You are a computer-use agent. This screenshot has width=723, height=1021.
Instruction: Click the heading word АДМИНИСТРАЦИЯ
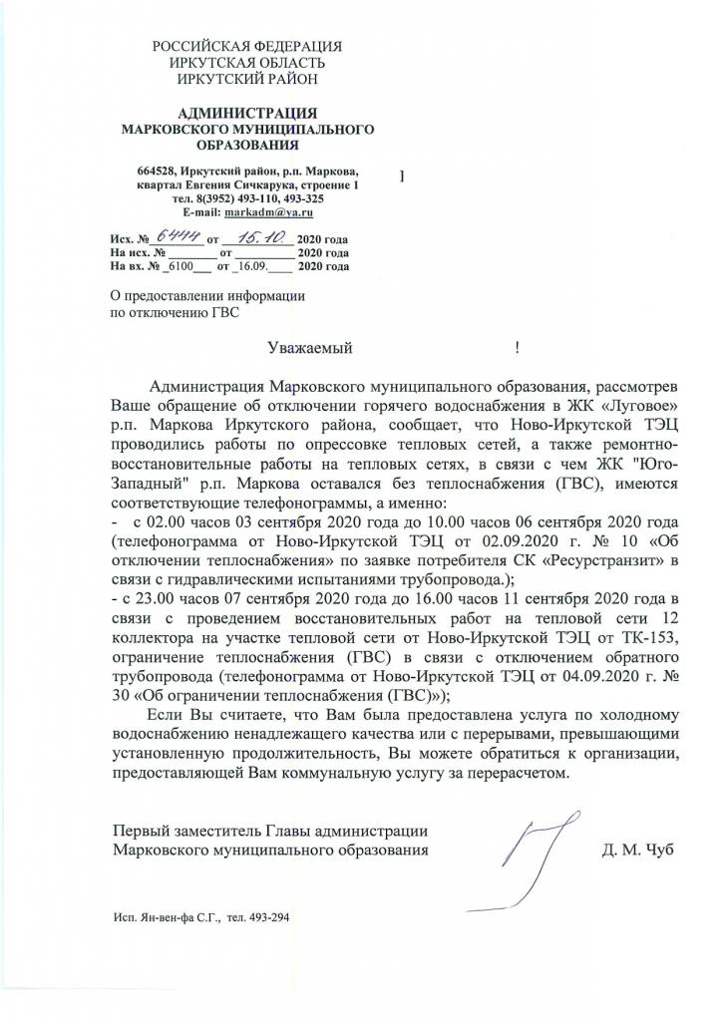click(246, 112)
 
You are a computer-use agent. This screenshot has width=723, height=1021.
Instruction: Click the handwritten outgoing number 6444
click(176, 237)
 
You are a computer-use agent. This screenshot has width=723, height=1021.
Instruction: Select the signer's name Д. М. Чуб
click(637, 850)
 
